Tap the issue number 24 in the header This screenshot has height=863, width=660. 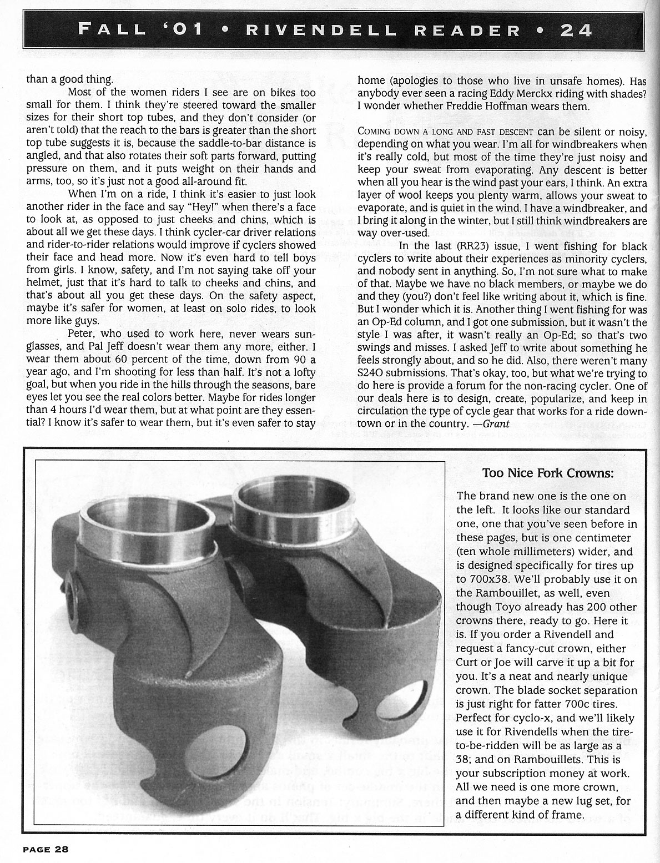pos(576,29)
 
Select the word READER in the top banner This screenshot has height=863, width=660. pos(458,29)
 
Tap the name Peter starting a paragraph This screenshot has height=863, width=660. pos(83,334)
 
